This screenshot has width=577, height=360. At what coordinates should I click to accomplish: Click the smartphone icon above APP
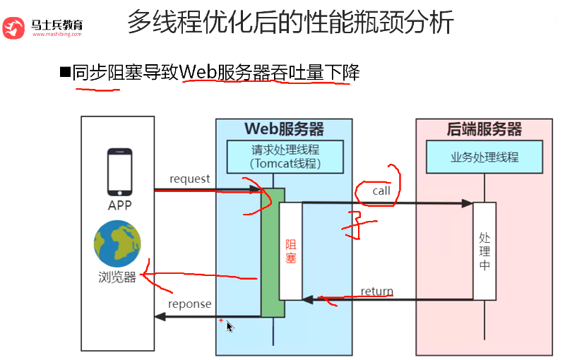coord(119,172)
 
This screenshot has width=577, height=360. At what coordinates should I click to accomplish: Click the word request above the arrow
coord(189,179)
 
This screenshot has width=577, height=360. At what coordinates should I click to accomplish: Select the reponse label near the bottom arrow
coord(189,304)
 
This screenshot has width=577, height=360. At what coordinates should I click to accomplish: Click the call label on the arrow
coord(381,191)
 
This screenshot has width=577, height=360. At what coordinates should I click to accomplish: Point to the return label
coord(376,291)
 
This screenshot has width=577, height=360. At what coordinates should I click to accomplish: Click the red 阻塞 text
coord(290,251)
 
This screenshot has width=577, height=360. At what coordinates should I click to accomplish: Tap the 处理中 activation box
coord(484,251)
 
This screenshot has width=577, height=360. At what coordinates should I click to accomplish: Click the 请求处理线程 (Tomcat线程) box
coord(285,157)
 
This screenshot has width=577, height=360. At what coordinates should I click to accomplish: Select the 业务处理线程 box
coord(484,157)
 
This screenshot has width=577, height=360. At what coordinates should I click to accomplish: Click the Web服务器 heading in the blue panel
coord(284,129)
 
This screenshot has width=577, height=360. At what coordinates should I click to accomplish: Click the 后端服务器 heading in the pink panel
coord(484,129)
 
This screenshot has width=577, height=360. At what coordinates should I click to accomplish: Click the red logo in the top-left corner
coord(14,28)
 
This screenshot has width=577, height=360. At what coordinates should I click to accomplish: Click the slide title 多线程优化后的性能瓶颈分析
coord(290,24)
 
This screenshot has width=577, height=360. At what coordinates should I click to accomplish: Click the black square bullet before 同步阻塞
coord(65,71)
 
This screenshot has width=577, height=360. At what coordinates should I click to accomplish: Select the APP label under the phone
coord(119,205)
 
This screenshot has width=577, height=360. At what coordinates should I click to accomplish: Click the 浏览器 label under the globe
coord(117,277)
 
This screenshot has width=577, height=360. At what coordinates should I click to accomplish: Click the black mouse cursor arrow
coord(230,326)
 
